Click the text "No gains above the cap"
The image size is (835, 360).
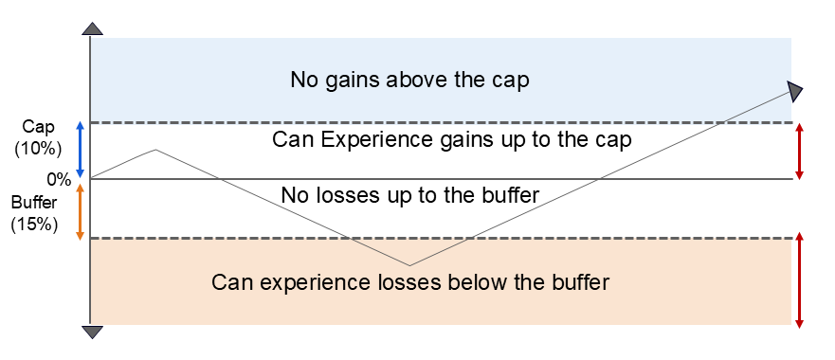tap(408, 80)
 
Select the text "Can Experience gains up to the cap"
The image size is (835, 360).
tap(452, 140)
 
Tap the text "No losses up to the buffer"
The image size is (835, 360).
tap(409, 195)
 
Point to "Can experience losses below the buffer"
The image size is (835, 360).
tap(409, 281)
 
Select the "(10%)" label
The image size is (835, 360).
tap(38, 148)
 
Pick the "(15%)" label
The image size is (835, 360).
tap(35, 225)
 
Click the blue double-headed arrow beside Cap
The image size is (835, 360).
tap(80, 149)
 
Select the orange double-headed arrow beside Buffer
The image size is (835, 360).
tap(80, 210)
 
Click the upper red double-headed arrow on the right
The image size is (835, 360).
tap(802, 151)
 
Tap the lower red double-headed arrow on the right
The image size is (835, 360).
tap(802, 279)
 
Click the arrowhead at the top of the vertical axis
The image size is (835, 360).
tap(91, 28)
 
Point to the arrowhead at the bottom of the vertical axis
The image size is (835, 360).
tap(91, 332)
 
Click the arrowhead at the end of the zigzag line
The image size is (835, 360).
tap(795, 91)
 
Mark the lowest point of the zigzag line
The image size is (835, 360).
tap(409, 265)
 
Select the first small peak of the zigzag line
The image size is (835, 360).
tap(154, 149)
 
